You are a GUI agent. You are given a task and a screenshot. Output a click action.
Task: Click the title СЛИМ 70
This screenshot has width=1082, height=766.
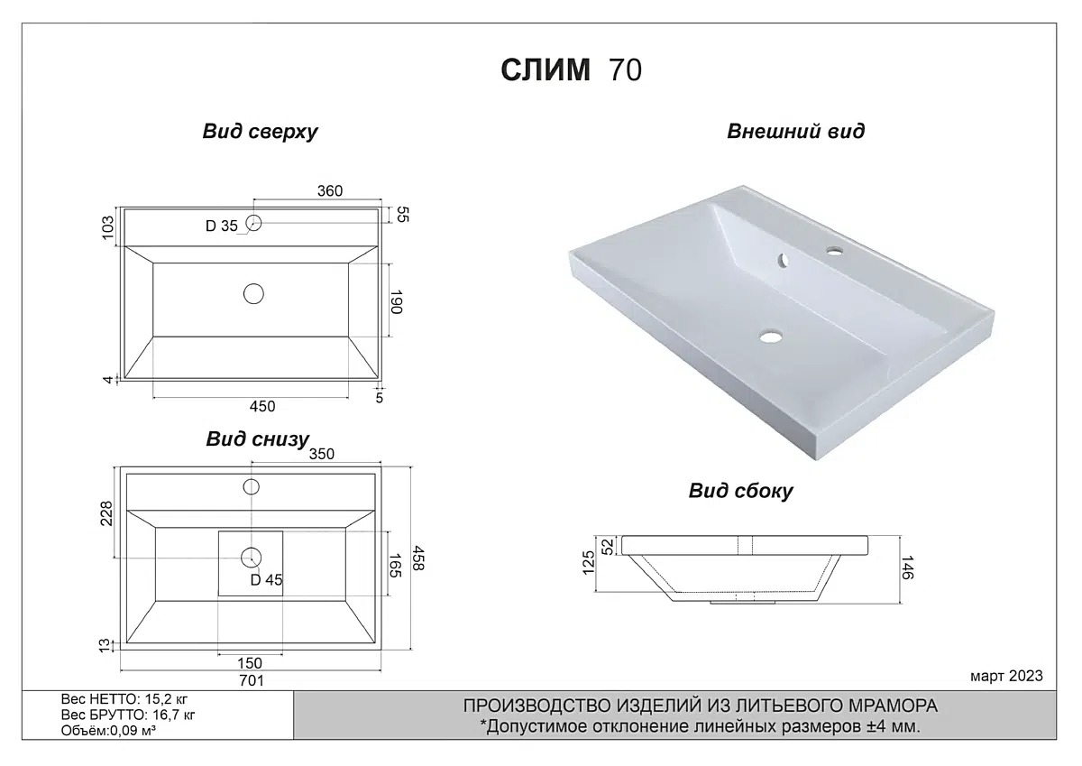tap(571, 70)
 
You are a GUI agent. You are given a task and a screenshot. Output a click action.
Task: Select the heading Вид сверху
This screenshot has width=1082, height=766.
tap(260, 132)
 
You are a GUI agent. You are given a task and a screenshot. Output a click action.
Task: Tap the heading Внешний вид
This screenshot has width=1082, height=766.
tap(795, 132)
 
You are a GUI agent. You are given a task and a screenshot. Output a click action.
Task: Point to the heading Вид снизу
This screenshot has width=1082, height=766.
tap(257, 439)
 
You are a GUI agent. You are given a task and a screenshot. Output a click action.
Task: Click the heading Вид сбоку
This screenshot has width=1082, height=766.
tap(740, 491)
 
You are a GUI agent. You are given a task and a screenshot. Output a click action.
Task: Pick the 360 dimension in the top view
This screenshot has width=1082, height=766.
tap(330, 190)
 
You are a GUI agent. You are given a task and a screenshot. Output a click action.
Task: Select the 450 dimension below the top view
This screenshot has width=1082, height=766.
tap(261, 406)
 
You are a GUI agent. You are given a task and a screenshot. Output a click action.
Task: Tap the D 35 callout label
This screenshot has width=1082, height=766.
tap(221, 226)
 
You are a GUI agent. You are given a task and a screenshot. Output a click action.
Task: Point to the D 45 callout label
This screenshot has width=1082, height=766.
tap(266, 580)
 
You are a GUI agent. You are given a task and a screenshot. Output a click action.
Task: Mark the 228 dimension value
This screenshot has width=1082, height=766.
tap(107, 513)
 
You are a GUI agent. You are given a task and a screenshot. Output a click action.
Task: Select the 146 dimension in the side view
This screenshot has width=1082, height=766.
tap(908, 568)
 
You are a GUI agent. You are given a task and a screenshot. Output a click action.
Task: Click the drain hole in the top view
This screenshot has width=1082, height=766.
tap(253, 292)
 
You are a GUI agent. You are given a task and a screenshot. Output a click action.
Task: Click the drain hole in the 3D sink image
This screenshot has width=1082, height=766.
tap(770, 338)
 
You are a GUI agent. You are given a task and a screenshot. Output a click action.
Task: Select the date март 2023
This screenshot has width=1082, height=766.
tap(1006, 676)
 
